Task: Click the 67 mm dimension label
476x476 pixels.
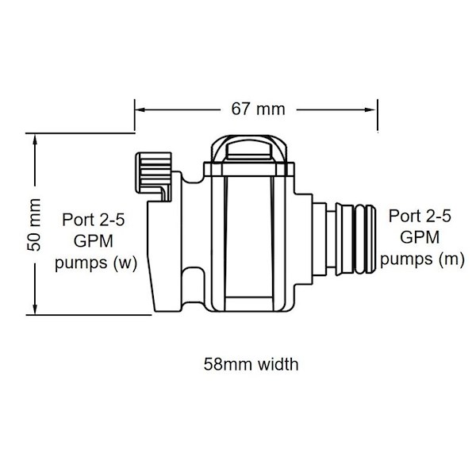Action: (258, 109)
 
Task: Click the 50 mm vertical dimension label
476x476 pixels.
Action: (34, 225)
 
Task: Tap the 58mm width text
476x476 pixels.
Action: (251, 364)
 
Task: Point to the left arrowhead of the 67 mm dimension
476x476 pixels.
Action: (140, 109)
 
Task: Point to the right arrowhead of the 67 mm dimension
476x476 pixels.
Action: (371, 109)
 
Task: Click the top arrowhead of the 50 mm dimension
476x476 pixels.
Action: (35, 140)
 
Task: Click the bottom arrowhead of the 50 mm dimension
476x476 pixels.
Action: (35, 309)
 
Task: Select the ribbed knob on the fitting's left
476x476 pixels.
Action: (154, 177)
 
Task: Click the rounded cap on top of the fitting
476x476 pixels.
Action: (249, 149)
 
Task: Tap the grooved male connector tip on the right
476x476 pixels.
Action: (355, 240)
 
